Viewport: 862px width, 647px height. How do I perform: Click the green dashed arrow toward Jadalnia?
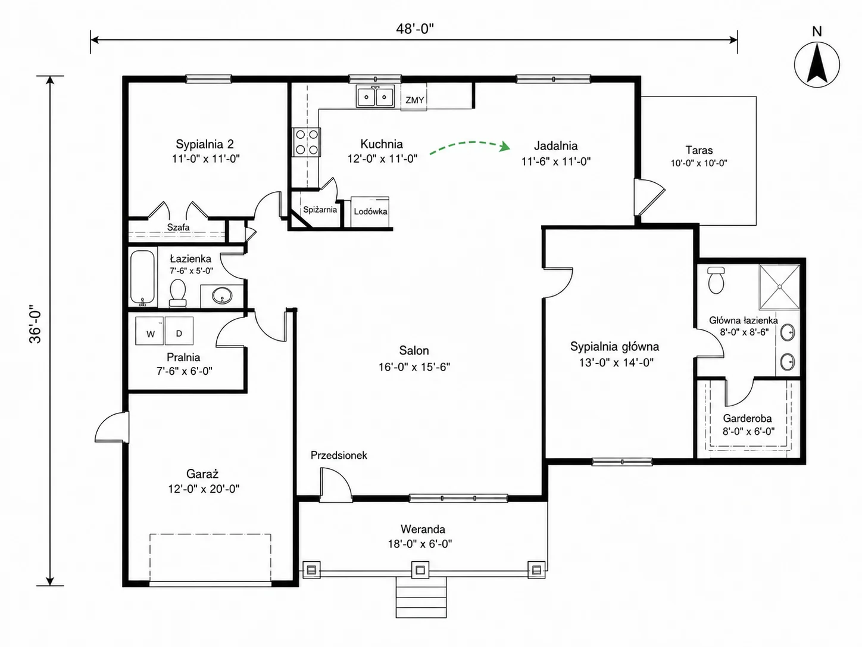[470, 142]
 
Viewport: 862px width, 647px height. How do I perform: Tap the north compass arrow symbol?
[817, 64]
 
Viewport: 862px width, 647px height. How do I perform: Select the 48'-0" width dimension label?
[415, 29]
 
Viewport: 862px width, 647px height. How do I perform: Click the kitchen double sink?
[375, 97]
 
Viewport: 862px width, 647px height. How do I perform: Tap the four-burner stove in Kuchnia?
[307, 142]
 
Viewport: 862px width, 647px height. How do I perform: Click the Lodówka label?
[370, 211]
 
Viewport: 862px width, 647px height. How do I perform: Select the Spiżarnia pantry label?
[320, 209]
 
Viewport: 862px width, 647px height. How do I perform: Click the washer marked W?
[149, 331]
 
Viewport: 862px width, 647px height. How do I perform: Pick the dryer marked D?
[179, 331]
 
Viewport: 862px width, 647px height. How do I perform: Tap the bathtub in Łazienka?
[142, 278]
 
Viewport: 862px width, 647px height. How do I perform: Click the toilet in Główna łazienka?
[716, 280]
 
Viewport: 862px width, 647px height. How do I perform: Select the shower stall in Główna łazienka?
[779, 287]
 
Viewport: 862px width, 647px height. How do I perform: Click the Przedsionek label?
[339, 455]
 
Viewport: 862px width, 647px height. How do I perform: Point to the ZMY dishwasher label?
[415, 100]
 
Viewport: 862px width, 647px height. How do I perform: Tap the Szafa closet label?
[178, 227]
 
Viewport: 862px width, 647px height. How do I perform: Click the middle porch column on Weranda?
[420, 570]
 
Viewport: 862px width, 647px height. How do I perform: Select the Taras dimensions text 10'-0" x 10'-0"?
[699, 163]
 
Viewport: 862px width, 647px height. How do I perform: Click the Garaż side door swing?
[112, 427]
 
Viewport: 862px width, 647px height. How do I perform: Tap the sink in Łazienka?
[222, 295]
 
